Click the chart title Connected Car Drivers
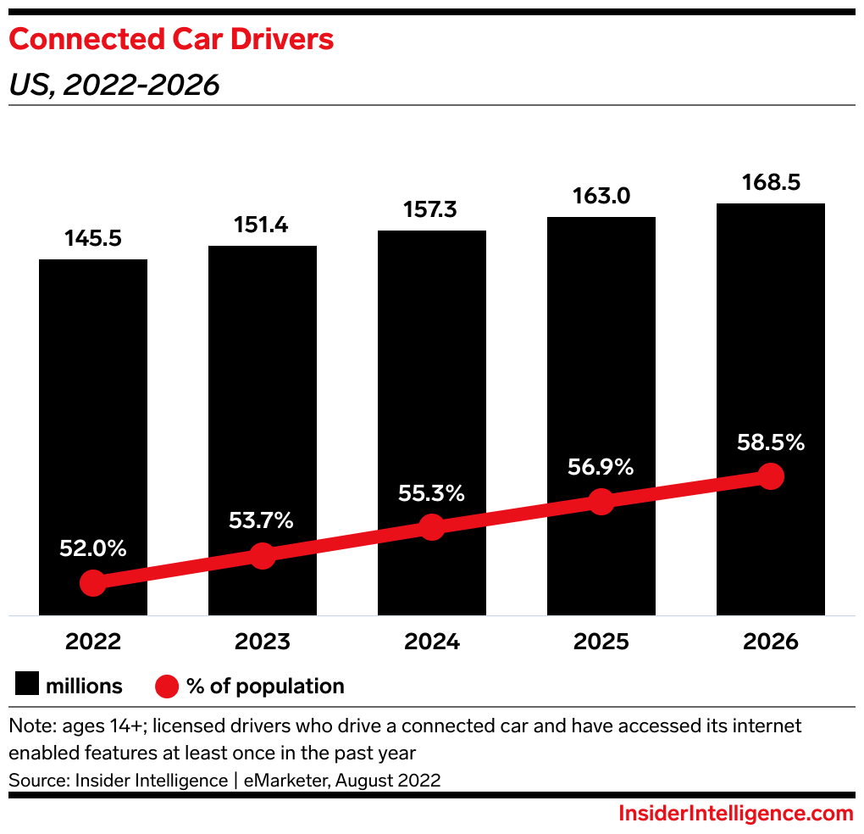171,40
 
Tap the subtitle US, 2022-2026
114,85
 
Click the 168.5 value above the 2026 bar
770,183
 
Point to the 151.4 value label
262,225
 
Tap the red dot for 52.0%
92,583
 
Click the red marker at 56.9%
601,501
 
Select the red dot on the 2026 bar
770,475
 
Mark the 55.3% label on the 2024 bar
432,493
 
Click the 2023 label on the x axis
262,642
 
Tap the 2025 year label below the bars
601,642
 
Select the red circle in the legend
167,686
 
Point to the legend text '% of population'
265,686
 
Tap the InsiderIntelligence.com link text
735,814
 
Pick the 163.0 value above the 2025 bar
601,197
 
